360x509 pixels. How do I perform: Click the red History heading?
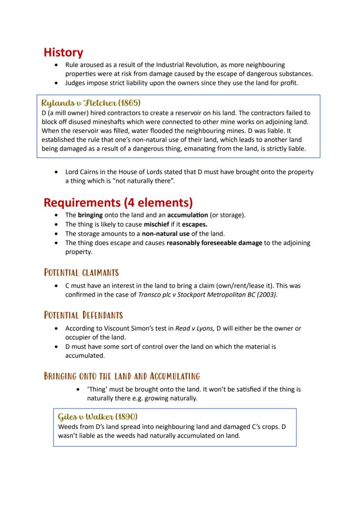point(63,53)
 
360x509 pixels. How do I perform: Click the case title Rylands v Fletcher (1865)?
point(91,103)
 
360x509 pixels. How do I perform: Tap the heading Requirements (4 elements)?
point(118,203)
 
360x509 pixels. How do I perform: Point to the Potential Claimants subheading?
point(81,273)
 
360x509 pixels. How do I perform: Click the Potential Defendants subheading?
point(83,315)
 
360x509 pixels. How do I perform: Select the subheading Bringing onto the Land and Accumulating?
point(122,376)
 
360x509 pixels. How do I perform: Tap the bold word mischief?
point(157,225)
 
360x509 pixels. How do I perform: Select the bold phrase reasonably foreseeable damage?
point(214,243)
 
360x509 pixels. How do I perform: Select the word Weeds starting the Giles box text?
point(67,426)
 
